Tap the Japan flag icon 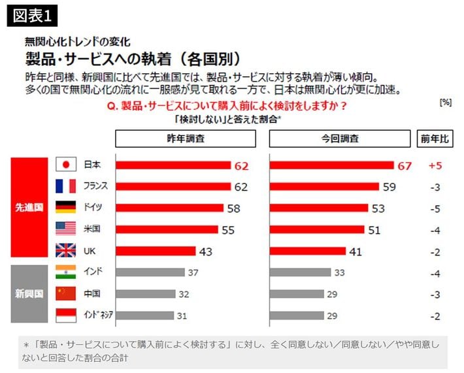[x=66, y=165]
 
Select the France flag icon [x=66, y=186]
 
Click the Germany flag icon [x=66, y=208]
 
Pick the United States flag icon [x=66, y=229]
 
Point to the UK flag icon [x=66, y=250]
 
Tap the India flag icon [x=66, y=272]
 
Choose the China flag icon [x=66, y=293]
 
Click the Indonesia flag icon [x=66, y=315]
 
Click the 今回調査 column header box [x=339, y=138]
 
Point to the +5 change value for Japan [x=435, y=166]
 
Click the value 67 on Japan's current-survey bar [x=405, y=166]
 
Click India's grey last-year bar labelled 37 [x=150, y=272]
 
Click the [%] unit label [x=446, y=103]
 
